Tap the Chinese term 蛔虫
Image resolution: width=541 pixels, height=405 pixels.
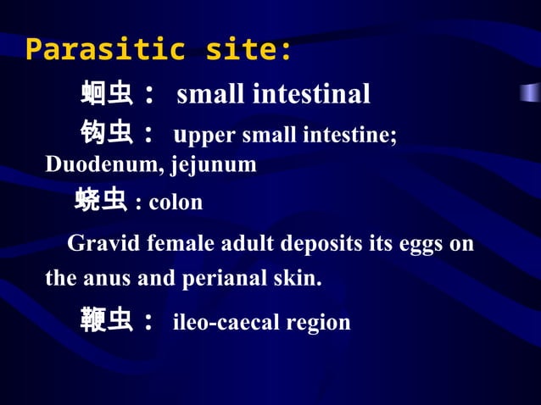[x=107, y=93]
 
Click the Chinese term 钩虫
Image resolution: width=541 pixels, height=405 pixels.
[x=107, y=134]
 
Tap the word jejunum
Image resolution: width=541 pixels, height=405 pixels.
[x=214, y=165]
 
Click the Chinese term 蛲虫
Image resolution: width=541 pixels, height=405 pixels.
[x=100, y=201]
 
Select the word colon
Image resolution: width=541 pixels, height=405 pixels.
[x=176, y=202]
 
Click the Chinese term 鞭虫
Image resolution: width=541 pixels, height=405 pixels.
[x=107, y=321]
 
